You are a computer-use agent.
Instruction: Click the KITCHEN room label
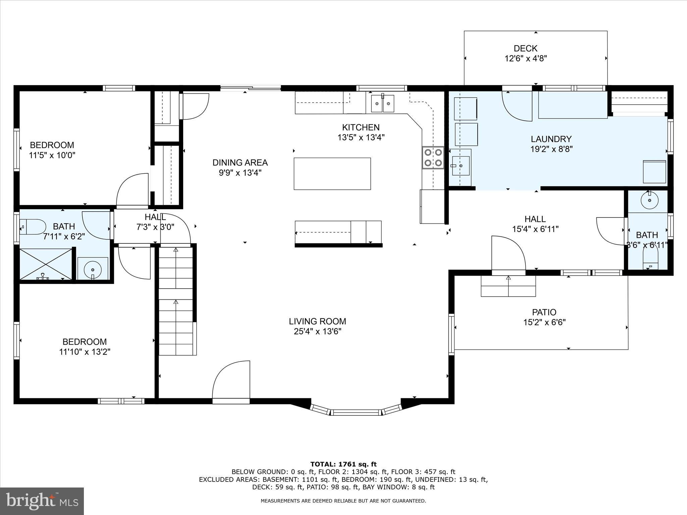[361, 127]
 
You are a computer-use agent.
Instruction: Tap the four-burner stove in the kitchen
[433, 158]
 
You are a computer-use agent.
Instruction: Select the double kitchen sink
[383, 103]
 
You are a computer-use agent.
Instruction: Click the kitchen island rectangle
[332, 174]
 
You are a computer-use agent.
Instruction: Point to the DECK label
[525, 49]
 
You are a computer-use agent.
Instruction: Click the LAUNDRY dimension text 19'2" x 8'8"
[551, 149]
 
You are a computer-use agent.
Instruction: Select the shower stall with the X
[46, 264]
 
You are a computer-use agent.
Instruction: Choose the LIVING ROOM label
[317, 321]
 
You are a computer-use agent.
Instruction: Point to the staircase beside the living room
[176, 300]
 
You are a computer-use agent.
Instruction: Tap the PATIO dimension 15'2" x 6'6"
[544, 323]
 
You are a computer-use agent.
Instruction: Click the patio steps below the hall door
[508, 286]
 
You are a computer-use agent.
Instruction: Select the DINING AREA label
[240, 163]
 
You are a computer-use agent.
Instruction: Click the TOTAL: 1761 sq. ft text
[343, 464]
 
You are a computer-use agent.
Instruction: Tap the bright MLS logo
[42, 501]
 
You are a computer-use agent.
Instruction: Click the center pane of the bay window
[356, 412]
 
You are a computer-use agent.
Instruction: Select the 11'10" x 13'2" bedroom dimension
[85, 352]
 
